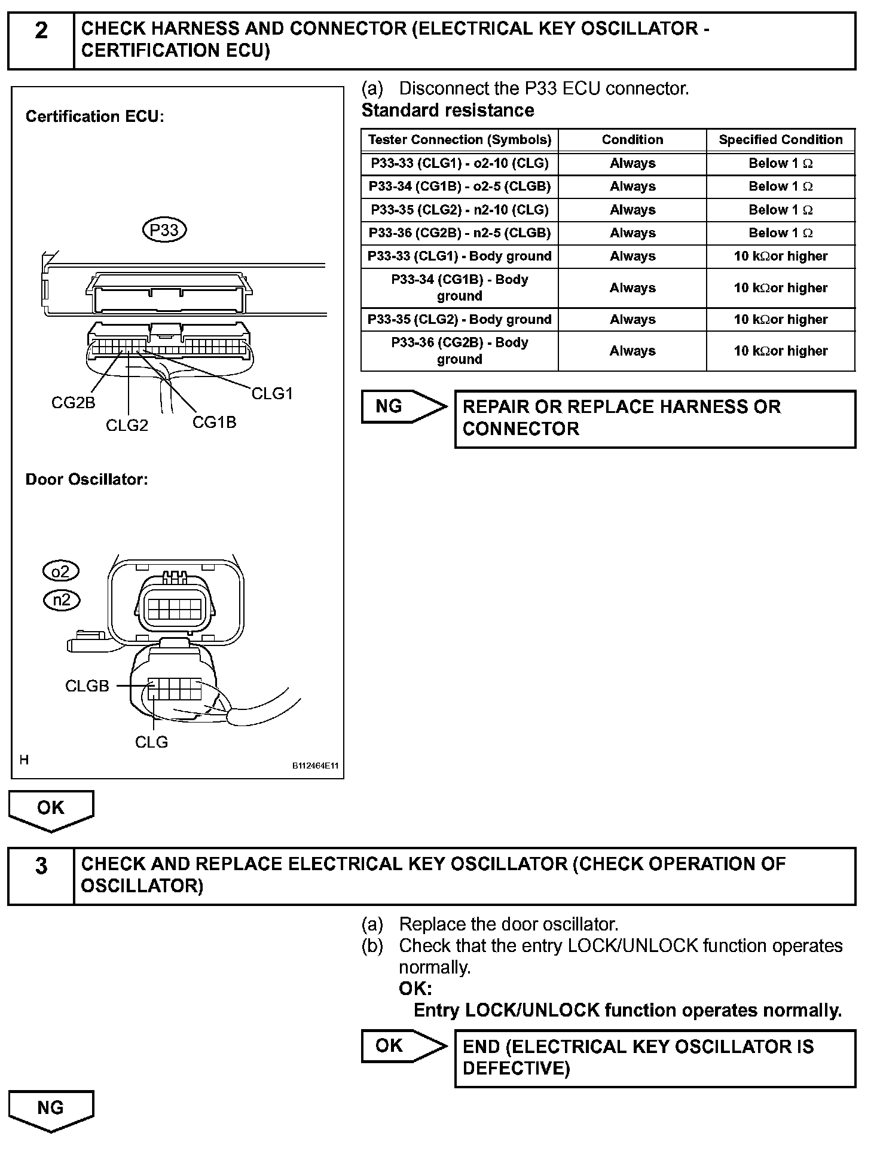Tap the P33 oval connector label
pos(164,230)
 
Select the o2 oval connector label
pos(61,571)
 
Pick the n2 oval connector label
pos(62,599)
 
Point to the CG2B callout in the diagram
pos(73,403)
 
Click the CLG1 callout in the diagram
pos(272,393)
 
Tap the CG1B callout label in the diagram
pos(214,423)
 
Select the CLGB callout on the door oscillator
pos(87,686)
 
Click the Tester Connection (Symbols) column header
pos(459,140)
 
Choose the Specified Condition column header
pos(780,140)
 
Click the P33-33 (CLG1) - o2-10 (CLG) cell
pos(459,163)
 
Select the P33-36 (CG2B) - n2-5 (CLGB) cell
pos(459,233)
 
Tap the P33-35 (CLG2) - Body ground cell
pos(459,320)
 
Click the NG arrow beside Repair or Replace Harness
pos(402,407)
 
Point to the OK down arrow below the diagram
pos(51,809)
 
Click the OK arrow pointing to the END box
pos(402,1046)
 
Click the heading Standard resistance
pos(448,111)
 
